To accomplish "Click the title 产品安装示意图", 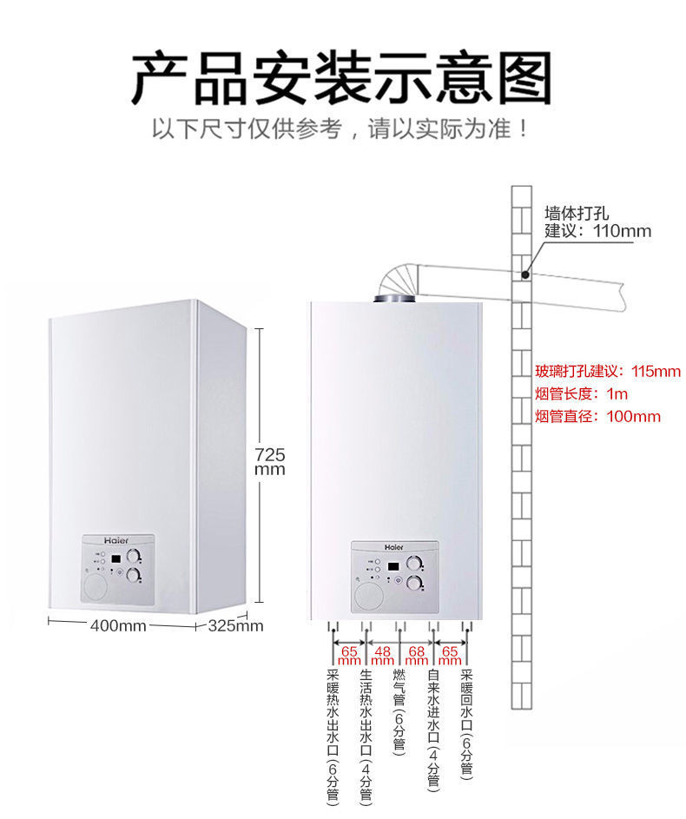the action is [342, 77].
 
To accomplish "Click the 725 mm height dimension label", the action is [269, 461].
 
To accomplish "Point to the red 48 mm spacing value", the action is [383, 655].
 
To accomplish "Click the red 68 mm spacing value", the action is [416, 655].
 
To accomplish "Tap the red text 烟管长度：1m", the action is [581, 394].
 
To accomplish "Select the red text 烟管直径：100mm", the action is [597, 417].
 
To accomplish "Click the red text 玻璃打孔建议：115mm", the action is [608, 372].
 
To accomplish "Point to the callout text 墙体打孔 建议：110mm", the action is [597, 222].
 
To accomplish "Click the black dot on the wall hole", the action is [524, 274].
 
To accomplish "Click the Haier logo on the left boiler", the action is [116, 539].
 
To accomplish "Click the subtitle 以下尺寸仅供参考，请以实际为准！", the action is [342, 130].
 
